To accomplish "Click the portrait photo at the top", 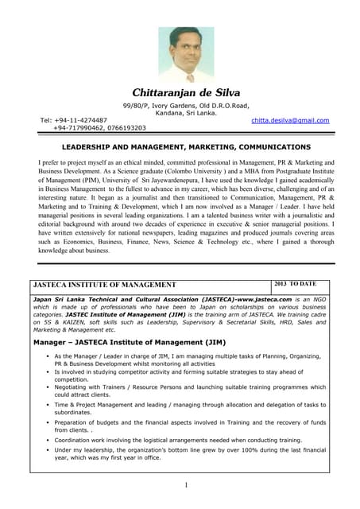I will click(x=186, y=55).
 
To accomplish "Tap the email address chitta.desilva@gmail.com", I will click(x=289, y=120).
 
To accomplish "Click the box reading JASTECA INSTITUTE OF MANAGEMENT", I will click(x=103, y=284).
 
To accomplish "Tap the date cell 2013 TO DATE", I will click(x=295, y=283).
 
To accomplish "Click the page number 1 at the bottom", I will click(x=185, y=484).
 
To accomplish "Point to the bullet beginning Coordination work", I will click(x=178, y=439).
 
